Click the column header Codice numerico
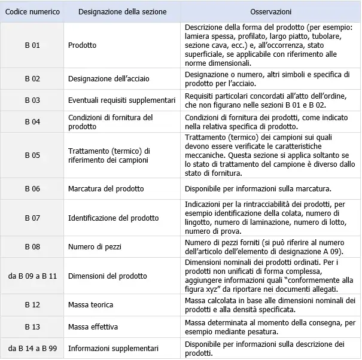32,12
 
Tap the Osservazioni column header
271,12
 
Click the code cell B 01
32,45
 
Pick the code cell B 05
32,155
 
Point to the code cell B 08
32,247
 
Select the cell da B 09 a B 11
32,276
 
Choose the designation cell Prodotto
82,45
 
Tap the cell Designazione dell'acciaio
109,78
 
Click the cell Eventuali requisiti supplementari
121,100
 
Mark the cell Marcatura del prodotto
106,189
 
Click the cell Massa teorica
90,306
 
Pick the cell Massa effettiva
93,327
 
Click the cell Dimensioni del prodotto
107,276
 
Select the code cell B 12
32,306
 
